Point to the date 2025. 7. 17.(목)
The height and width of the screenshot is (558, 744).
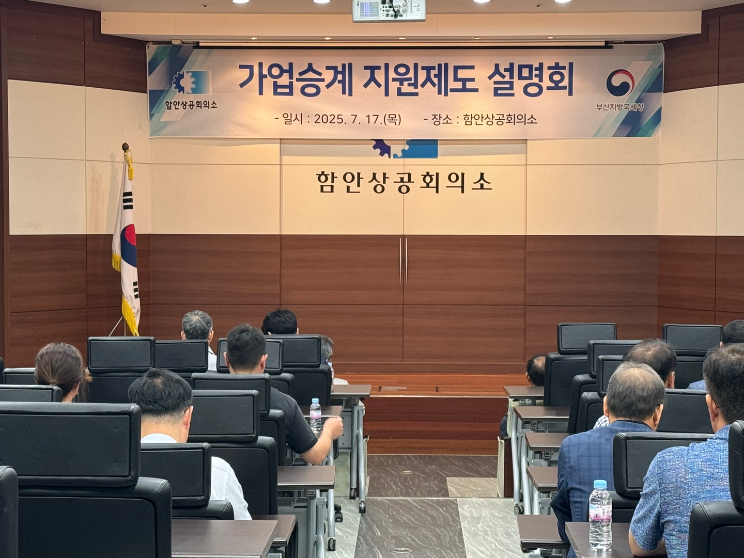pos(358,119)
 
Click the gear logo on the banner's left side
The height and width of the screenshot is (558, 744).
pos(192,83)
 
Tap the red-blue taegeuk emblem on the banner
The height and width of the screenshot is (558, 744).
pos(621,83)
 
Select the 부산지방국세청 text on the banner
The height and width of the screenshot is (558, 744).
pos(620,107)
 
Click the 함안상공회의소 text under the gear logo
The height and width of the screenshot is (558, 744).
pos(191,104)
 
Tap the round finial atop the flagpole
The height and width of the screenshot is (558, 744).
pos(126,147)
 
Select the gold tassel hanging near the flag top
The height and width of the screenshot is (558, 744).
pos(129,166)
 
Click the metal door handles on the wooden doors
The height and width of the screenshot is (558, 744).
pos(404,261)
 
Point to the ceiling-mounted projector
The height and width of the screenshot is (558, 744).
pos(389,10)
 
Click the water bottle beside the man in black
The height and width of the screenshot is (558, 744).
pos(315,416)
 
